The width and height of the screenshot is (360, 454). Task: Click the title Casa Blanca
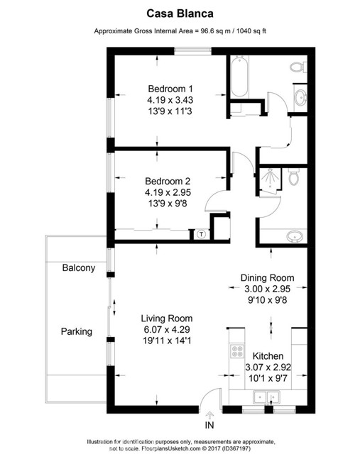click(x=180, y=13)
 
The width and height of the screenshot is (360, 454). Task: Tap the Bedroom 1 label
click(x=170, y=89)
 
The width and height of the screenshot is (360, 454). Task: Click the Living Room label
click(x=166, y=319)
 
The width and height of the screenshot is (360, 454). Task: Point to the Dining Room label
click(x=267, y=277)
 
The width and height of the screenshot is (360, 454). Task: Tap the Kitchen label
click(x=268, y=356)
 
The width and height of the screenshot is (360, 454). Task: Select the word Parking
click(x=76, y=331)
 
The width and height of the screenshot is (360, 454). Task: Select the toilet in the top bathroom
click(x=298, y=67)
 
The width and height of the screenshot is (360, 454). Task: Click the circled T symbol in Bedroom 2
click(x=202, y=233)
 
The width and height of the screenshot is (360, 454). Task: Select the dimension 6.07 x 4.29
click(x=166, y=330)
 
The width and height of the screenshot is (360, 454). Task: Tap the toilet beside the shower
click(x=294, y=178)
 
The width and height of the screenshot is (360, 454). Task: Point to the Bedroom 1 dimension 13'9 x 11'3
click(x=170, y=111)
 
